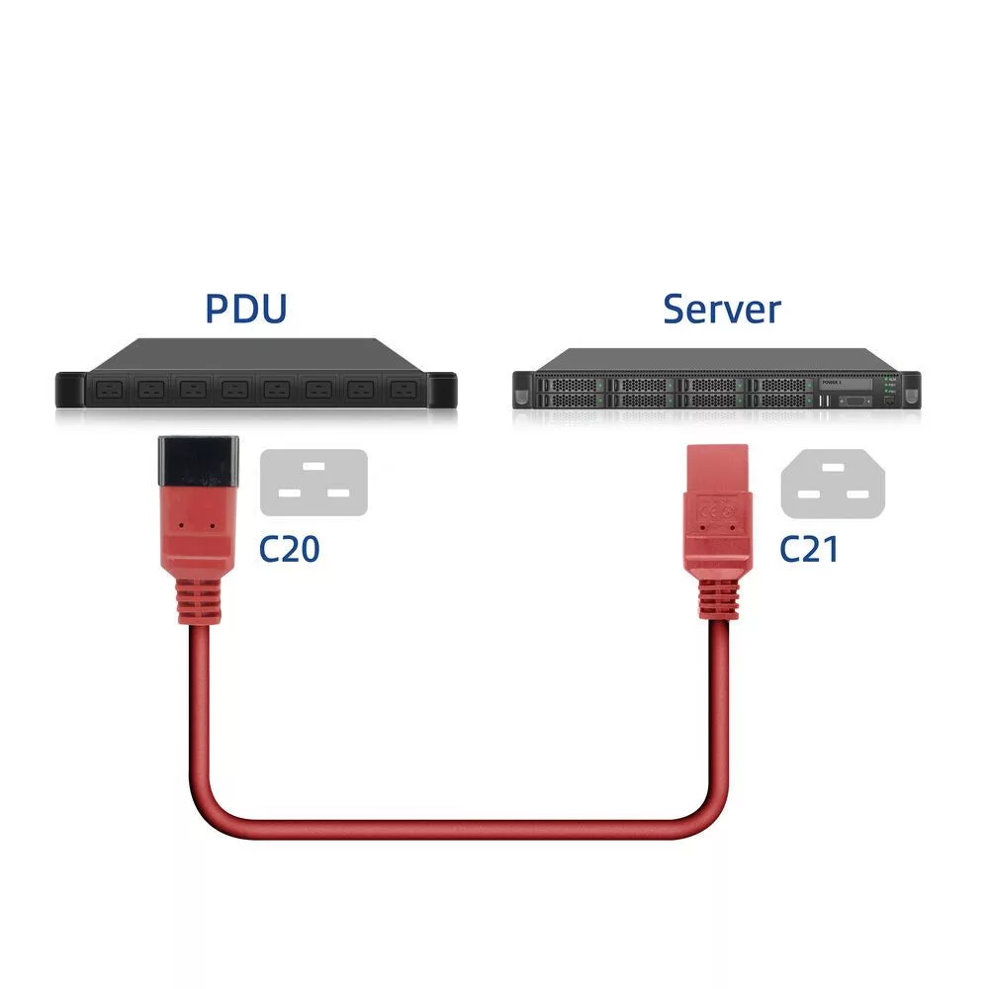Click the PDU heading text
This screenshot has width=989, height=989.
pos(246,308)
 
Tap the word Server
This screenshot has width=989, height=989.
pos(722,309)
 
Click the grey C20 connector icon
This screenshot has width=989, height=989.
pos(314,482)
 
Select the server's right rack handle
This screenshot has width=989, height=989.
pos(912,390)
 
